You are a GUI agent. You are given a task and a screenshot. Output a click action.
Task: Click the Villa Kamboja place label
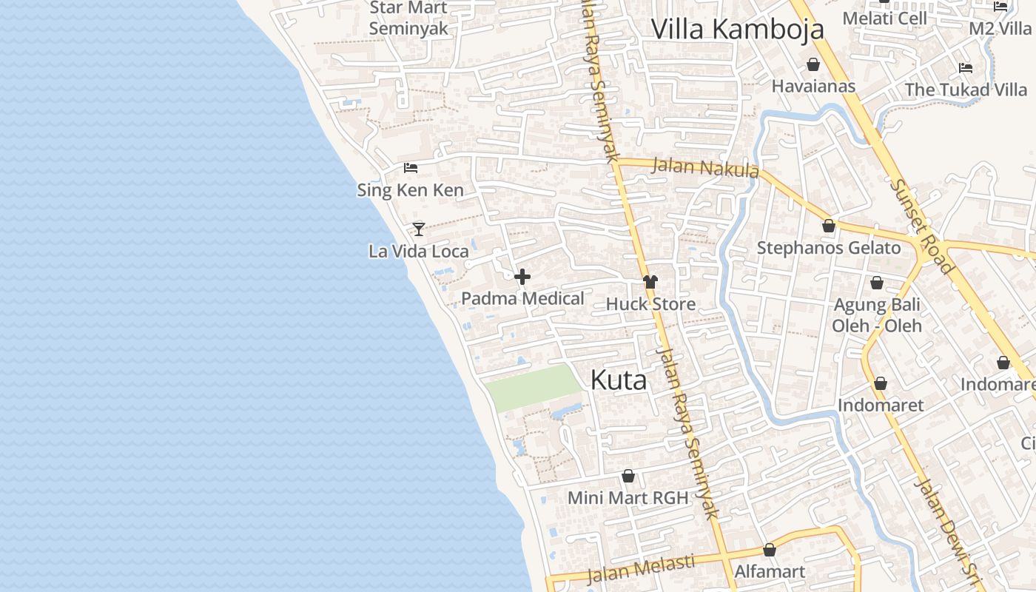pos(737,29)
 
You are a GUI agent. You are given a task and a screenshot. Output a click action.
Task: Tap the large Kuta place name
pos(619,380)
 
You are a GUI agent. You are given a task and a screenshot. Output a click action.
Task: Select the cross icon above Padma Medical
pos(522,277)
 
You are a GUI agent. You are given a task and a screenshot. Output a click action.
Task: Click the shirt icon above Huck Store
pos(650,282)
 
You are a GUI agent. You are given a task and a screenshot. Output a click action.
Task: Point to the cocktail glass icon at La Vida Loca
pos(419,229)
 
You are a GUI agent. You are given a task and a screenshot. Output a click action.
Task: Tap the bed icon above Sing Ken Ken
pos(411,168)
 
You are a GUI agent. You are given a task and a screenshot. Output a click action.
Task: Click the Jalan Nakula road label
pos(704,168)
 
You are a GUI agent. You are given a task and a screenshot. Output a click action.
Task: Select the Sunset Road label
pos(922,226)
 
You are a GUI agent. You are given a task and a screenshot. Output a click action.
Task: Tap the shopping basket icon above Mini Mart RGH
pos(628,476)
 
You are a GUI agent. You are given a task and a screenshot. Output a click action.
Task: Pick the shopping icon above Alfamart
pos(770,551)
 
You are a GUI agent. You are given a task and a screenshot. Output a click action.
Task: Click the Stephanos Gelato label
pos(829,248)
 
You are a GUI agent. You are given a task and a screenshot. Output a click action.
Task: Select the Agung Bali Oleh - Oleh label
pos(877,315)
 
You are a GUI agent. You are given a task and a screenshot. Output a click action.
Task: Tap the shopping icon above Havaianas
pos(813,64)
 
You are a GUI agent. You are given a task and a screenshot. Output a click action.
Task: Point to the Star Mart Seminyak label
pos(408,18)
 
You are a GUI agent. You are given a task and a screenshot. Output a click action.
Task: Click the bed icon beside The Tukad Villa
pos(966,68)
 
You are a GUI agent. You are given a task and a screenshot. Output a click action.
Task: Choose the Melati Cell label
pos(884,18)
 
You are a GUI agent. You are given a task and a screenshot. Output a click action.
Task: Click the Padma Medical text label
pos(522,298)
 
